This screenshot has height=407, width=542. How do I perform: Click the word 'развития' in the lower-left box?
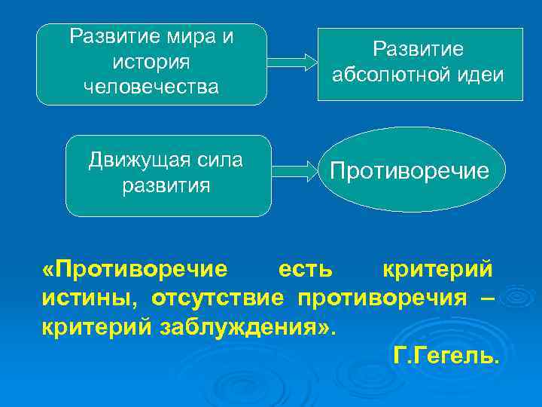167,185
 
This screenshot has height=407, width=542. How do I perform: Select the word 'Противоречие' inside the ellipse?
409,170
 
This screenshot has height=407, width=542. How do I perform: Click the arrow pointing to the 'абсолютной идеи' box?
294,62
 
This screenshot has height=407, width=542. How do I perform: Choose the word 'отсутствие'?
218,299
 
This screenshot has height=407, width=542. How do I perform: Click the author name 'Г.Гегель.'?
446,355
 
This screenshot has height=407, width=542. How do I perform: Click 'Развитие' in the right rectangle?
419,49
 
